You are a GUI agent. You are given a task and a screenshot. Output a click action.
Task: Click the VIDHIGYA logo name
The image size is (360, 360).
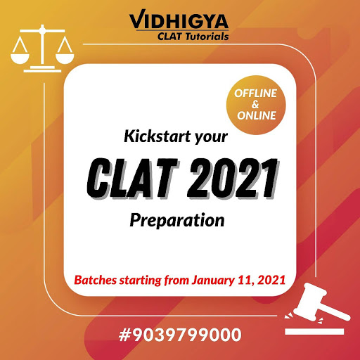(179, 20)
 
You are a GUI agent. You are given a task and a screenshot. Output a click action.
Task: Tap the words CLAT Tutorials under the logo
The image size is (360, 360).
(193, 37)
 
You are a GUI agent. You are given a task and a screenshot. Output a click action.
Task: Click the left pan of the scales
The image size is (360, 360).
(20, 59)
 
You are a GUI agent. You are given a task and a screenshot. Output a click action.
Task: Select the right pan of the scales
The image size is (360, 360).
(65, 59)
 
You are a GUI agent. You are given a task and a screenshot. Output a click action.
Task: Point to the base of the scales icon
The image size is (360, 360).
(42, 70)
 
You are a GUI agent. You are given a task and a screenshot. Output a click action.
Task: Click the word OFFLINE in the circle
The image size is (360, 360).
(255, 94)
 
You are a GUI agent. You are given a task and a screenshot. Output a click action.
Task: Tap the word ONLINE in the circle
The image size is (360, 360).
(257, 115)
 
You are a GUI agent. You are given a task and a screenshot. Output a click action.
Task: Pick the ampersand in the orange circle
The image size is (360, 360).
(255, 105)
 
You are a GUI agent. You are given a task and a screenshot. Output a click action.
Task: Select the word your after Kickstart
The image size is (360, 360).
(211, 137)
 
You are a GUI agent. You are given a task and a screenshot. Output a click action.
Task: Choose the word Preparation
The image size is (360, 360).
(177, 221)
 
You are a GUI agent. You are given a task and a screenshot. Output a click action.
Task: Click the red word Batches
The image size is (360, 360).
(96, 280)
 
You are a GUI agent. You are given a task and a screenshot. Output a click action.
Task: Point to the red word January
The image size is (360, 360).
(213, 281)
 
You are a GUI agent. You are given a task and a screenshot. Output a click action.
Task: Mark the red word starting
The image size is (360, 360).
(141, 281)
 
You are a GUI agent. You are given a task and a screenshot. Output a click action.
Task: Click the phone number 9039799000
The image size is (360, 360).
(187, 335)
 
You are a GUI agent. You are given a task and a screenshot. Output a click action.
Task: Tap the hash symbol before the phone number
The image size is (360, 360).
(124, 335)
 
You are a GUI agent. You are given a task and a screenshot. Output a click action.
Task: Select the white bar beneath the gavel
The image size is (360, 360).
(314, 331)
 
